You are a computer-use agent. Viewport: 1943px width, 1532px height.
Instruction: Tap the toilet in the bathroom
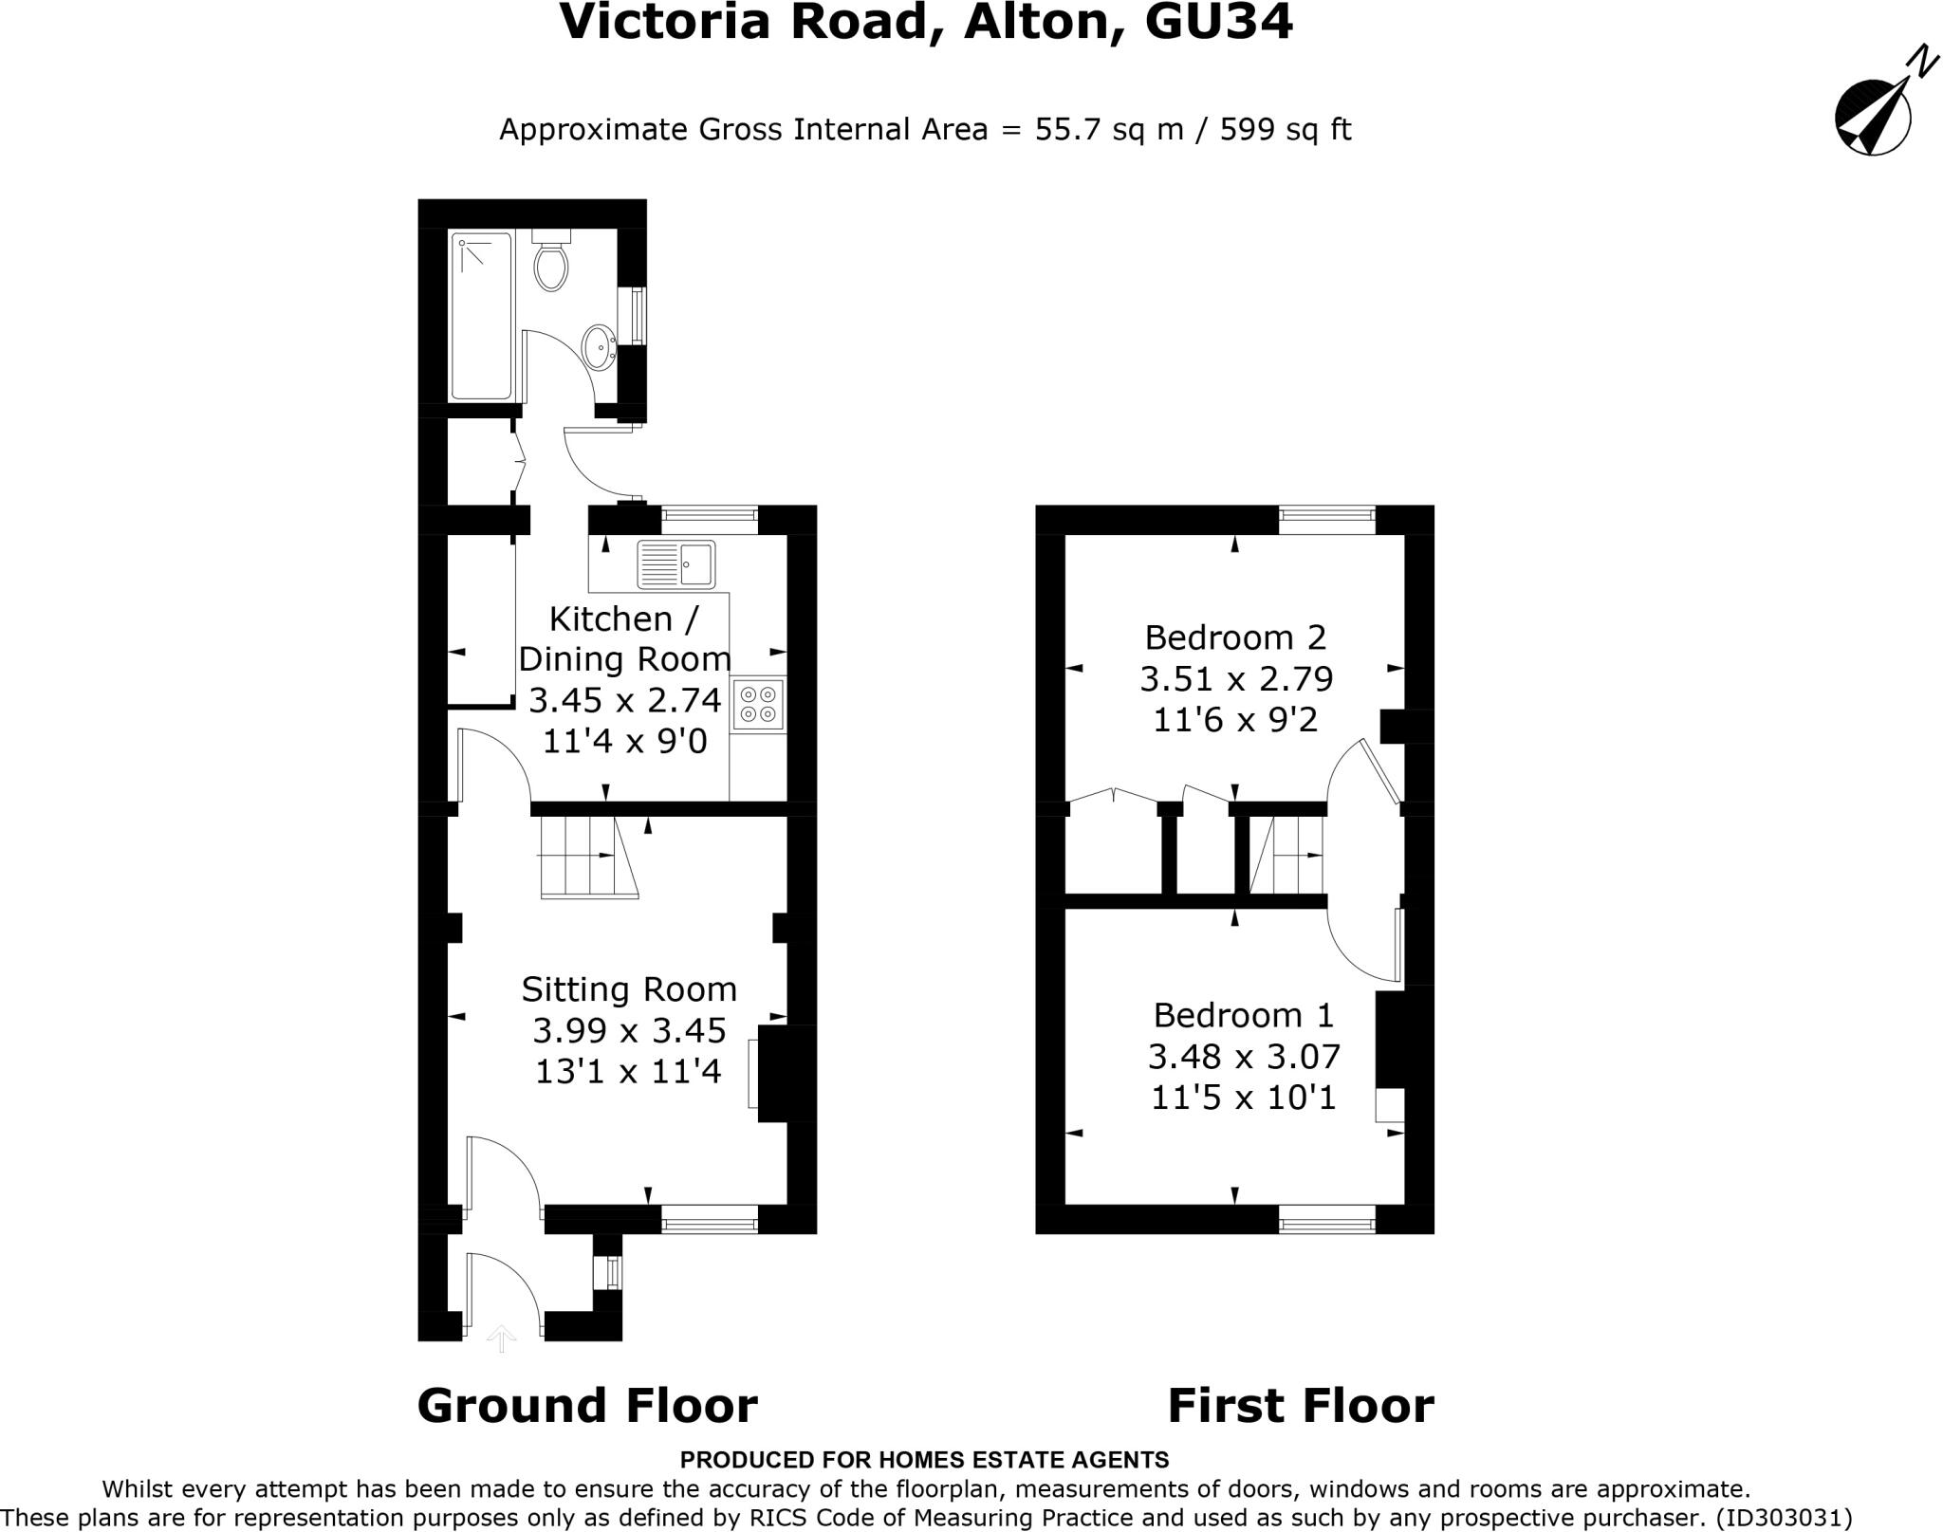pyautogui.click(x=551, y=262)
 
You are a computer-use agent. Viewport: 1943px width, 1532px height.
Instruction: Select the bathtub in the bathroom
pyautogui.click(x=482, y=316)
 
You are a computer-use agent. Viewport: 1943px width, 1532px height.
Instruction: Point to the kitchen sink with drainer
pyautogui.click(x=675, y=564)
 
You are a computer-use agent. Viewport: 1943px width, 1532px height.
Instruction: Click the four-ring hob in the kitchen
pyautogui.click(x=759, y=703)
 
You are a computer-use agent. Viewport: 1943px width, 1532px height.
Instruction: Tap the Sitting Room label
pyautogui.click(x=628, y=989)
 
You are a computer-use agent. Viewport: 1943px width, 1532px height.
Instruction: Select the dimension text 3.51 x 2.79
pyautogui.click(x=1236, y=679)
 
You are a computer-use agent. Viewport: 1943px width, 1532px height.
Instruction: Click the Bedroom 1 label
pyautogui.click(x=1243, y=1015)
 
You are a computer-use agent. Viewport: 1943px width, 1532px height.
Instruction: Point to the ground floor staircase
pyautogui.click(x=588, y=858)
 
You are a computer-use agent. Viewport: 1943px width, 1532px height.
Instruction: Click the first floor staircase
pyautogui.click(x=1288, y=855)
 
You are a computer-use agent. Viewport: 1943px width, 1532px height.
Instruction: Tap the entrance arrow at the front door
pyautogui.click(x=501, y=1338)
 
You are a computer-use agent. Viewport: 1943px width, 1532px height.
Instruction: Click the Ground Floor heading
pyautogui.click(x=587, y=1405)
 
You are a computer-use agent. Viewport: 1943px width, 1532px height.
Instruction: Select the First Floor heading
pyautogui.click(x=1300, y=1405)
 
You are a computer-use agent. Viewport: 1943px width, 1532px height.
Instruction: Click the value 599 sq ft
pyautogui.click(x=1285, y=129)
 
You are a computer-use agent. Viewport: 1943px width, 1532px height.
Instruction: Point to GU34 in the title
pyautogui.click(x=1218, y=23)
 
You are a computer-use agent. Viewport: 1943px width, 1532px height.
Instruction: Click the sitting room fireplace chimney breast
pyautogui.click(x=786, y=1073)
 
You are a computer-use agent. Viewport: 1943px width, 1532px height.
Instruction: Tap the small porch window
pyautogui.click(x=612, y=1272)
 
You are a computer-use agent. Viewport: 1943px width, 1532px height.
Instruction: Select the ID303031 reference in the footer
pyautogui.click(x=1784, y=1518)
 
